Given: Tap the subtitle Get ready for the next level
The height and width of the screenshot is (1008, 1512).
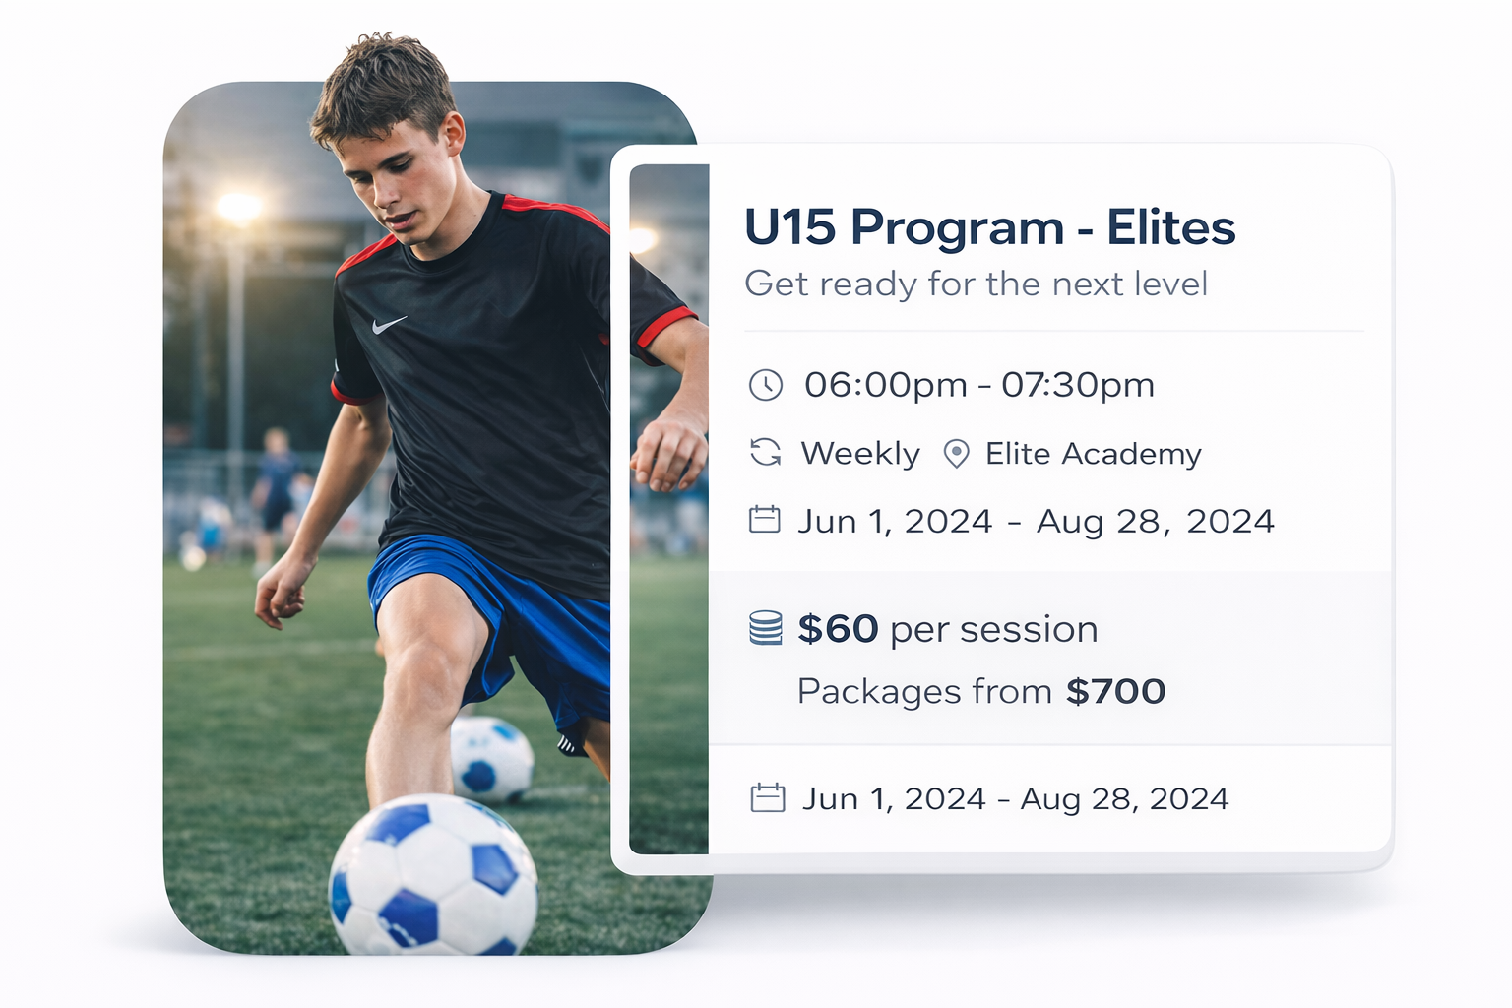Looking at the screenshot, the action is [976, 283].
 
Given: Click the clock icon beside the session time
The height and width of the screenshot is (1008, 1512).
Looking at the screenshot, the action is [766, 385].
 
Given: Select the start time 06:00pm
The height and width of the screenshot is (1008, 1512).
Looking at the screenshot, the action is [886, 386].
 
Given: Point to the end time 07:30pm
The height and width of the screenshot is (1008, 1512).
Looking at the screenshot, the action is [1077, 386].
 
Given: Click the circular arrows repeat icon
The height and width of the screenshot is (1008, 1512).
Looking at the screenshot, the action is [766, 453].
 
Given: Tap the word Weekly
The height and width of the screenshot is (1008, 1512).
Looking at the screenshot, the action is [860, 454].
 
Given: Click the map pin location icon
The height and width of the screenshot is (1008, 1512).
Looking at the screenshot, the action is [956, 454].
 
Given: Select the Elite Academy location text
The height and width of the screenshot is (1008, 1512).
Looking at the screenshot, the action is [1094, 454].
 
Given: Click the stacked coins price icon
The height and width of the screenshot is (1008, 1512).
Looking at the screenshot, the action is [766, 628].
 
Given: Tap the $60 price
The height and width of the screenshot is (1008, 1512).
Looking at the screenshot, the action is [838, 629].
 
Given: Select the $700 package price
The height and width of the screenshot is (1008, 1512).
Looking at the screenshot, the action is [1115, 691].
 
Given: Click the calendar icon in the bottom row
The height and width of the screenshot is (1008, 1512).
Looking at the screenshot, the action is [768, 798].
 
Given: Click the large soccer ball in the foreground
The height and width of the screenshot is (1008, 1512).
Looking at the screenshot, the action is [433, 875].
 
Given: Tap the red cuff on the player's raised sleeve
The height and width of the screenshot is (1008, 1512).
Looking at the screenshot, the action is [665, 329].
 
